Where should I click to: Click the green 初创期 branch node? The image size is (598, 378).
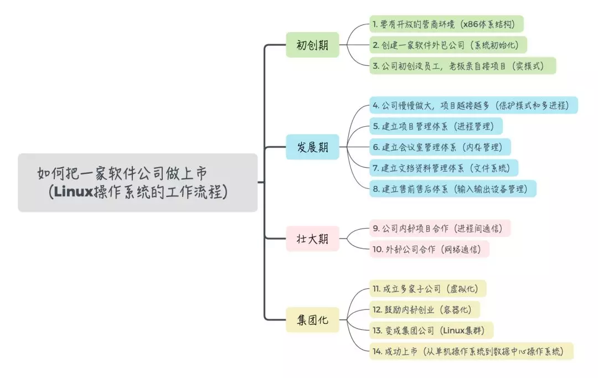tap(312, 45)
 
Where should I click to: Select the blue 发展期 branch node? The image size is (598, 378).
tap(312, 147)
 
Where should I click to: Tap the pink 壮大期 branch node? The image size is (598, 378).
tap(312, 239)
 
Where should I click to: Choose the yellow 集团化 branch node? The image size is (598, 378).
tap(312, 320)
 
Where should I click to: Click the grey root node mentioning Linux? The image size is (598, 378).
tap(137, 182)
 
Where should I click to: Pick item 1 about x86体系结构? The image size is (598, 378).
tap(446, 24)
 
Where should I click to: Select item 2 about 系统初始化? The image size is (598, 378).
tap(448, 45)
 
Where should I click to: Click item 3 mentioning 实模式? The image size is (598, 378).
tap(462, 66)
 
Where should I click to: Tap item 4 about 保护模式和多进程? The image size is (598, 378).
tap(473, 105)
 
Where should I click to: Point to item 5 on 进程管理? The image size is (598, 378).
tap(436, 126)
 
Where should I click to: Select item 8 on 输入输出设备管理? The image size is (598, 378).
tap(453, 189)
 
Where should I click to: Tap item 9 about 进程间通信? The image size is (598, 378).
tap(440, 228)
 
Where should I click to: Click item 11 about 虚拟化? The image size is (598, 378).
tap(427, 288)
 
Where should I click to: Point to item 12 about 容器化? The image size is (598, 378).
tap(424, 309)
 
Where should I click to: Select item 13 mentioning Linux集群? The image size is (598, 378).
tap(431, 330)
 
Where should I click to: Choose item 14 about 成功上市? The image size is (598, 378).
tap(471, 351)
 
